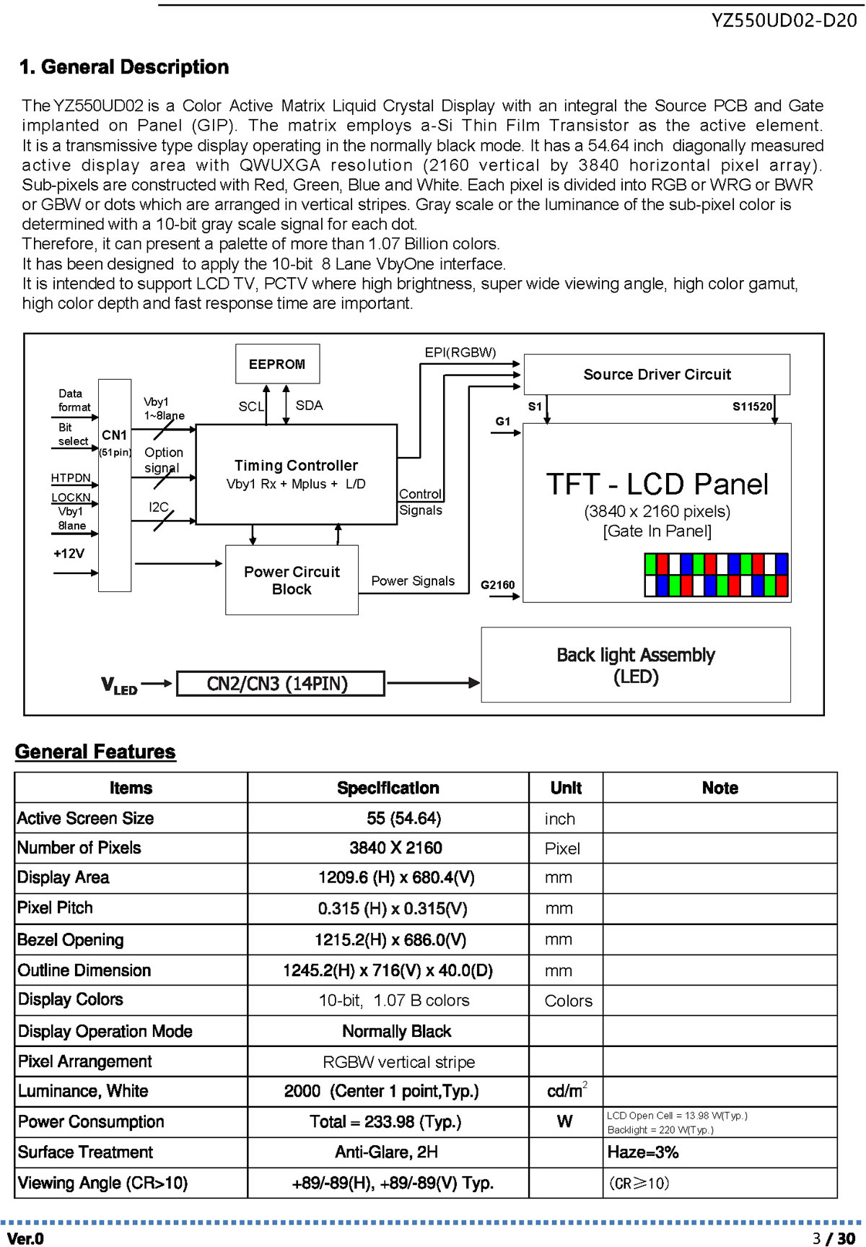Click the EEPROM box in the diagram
click(278, 364)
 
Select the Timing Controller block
click(297, 474)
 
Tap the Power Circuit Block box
click(292, 581)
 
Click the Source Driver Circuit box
click(657, 374)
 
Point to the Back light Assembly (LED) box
click(636, 665)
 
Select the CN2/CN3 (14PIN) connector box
click(280, 683)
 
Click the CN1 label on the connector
click(115, 435)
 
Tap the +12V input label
click(69, 554)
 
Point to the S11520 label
click(753, 407)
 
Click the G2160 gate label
click(498, 585)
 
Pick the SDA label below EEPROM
click(309, 405)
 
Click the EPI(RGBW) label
click(460, 352)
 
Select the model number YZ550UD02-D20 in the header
click(784, 20)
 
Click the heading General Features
click(95, 752)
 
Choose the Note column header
click(720, 788)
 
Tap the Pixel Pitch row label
click(55, 908)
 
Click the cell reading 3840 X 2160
click(388, 848)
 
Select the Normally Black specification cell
click(388, 1031)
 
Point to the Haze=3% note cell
click(720, 1152)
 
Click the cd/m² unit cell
click(567, 1091)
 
